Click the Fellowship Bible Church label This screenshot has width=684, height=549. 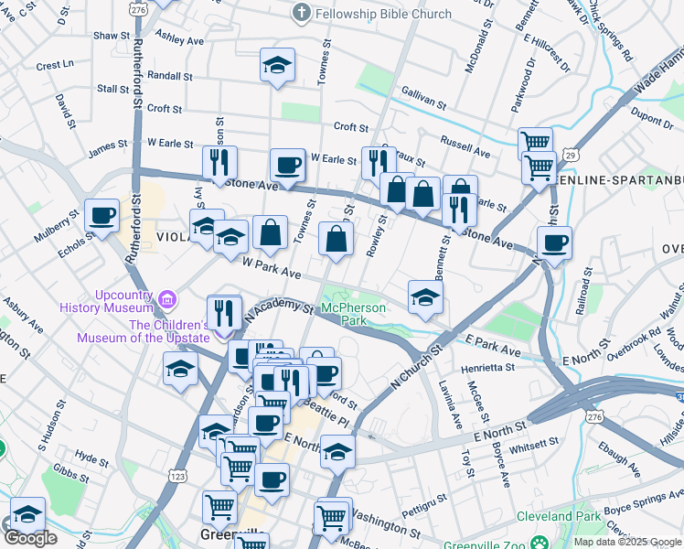[x=383, y=14]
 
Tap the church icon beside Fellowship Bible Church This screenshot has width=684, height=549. [x=302, y=14]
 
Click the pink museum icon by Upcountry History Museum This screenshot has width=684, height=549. [x=166, y=299]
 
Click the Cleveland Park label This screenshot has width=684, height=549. [x=561, y=517]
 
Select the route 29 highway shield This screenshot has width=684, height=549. [x=569, y=156]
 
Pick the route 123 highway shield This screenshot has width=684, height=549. [x=178, y=476]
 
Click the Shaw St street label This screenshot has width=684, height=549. [x=112, y=35]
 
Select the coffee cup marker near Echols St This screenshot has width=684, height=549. [x=102, y=217]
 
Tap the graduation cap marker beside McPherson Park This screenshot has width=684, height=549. [x=425, y=297]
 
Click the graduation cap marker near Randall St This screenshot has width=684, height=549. [x=277, y=66]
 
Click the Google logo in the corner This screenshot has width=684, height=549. [x=30, y=538]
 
